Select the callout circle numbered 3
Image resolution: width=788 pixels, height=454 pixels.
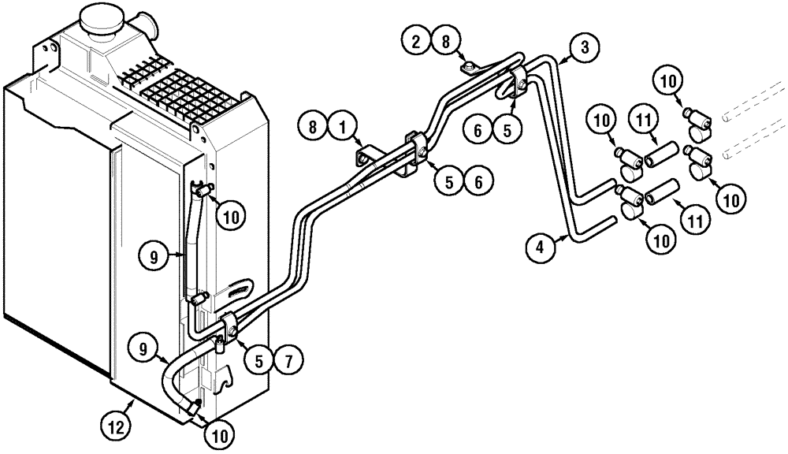click(x=583, y=48)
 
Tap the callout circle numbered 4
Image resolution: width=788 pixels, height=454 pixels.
click(x=540, y=247)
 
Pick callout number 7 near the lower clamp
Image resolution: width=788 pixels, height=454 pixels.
click(x=288, y=361)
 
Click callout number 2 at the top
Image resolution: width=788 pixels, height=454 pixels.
click(x=415, y=40)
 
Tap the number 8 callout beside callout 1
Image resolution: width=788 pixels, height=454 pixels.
click(x=312, y=125)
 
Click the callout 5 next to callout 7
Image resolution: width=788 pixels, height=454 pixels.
click(x=259, y=361)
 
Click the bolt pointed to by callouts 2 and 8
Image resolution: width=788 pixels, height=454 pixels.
click(x=468, y=67)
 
